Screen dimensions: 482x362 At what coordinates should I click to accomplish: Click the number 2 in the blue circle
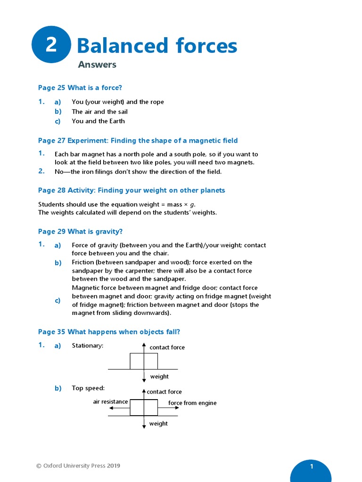pos(51,45)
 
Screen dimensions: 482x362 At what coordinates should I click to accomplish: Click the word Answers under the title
pos(97,65)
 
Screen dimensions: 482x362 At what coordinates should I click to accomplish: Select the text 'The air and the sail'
pos(99,112)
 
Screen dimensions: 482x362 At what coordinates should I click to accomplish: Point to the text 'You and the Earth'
pos(98,121)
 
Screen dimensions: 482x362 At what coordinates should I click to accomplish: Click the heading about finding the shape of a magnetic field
pos(138,141)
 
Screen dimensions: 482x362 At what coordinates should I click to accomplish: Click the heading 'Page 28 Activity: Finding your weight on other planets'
pos(132,191)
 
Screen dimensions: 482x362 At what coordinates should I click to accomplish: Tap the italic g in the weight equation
pos(192,205)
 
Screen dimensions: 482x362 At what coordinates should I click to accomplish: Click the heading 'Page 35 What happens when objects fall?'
pos(109,332)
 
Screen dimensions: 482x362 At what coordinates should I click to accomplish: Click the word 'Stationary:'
pos(87,345)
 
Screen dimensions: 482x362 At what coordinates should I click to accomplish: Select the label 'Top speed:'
pos(88,388)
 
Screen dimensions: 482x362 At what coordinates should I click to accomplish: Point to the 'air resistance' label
pos(110,402)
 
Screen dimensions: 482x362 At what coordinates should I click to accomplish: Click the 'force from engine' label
pos(192,403)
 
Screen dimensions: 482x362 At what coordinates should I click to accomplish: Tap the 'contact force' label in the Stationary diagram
pos(167,347)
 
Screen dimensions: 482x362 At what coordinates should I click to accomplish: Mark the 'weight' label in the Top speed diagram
pos(158,424)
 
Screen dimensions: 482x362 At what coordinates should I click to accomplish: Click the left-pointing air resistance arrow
pos(119,409)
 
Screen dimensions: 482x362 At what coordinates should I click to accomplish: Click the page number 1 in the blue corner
pos(312,466)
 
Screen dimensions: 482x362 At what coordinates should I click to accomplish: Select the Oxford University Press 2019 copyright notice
pos(78,466)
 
